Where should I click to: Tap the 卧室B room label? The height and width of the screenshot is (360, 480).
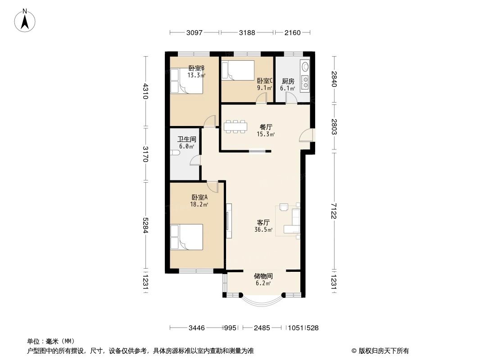coord(196,68)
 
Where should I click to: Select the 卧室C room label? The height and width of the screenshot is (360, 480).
coord(265,81)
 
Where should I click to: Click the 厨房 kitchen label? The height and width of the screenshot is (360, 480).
coord(288,81)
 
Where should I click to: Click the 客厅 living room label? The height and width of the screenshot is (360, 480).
coord(263,222)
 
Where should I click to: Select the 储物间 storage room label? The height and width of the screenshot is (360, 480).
coord(263,276)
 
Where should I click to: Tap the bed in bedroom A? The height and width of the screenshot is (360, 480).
coord(186,237)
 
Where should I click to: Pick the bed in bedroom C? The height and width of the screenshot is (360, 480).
coord(238,70)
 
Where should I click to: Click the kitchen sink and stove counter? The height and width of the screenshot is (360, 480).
coord(305,75)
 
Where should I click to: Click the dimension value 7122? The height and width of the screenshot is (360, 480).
coord(334,211)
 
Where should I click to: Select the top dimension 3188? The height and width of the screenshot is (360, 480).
coord(247,33)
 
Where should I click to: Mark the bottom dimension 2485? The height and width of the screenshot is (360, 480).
coord(262,328)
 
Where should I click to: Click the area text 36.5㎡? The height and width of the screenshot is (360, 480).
coord(263,229)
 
